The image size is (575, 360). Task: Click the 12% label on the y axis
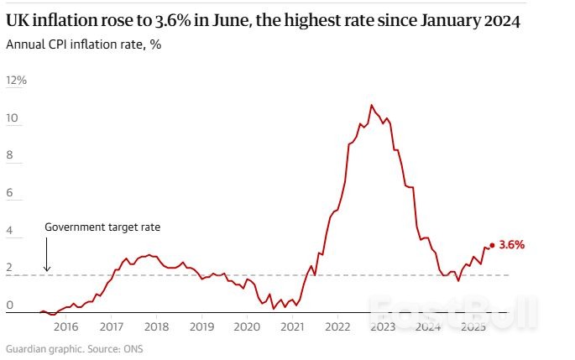coord(17,81)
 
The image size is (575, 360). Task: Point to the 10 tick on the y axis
coord(12,118)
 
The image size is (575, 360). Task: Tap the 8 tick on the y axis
coord(9,155)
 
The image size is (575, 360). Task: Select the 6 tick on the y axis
coord(9,193)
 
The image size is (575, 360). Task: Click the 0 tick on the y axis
coord(9,305)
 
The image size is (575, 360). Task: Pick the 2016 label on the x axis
coord(66,327)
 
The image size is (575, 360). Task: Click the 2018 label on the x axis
coord(157,327)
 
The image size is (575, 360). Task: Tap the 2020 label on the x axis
coord(247,327)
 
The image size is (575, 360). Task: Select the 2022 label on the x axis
coord(337,327)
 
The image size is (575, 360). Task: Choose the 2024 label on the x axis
coord(428,327)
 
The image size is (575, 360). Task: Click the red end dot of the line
coord(491,246)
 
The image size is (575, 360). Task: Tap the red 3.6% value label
coord(511,246)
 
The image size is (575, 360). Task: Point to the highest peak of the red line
coord(371,105)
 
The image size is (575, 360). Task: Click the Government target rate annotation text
coord(102,227)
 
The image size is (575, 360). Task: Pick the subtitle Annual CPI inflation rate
coord(83,44)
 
